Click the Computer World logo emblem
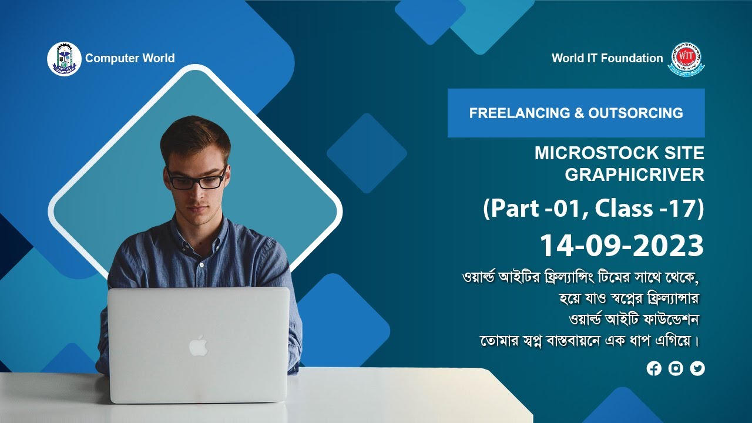point(64,59)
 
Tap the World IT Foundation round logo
point(686,59)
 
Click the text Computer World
point(130,58)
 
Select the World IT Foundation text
point(607,58)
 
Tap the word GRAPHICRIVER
point(634,175)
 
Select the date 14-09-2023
point(622,246)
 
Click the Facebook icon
point(654,368)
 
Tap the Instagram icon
point(676,368)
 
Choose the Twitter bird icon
point(697,368)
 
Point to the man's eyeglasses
point(196,179)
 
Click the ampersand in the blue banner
point(578,113)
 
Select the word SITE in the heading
point(681,153)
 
